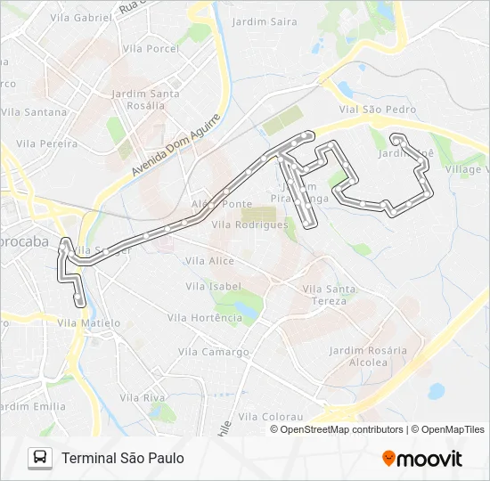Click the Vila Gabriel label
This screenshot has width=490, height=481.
(82, 17)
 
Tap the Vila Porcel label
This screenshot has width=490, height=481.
(151, 49)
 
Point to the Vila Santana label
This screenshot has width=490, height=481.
(34, 112)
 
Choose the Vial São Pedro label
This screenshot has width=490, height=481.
(377, 110)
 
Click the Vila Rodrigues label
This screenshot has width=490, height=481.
(249, 225)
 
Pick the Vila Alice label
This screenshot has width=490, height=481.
(209, 261)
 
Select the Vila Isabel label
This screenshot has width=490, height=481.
(214, 286)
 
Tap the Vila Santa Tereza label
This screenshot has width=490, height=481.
(330, 294)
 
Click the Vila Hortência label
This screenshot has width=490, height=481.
(205, 318)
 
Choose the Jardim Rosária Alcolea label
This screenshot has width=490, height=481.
(368, 356)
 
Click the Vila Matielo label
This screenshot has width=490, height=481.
(88, 323)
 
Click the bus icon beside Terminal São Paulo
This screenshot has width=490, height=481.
(40, 458)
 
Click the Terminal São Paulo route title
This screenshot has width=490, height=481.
(123, 458)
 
